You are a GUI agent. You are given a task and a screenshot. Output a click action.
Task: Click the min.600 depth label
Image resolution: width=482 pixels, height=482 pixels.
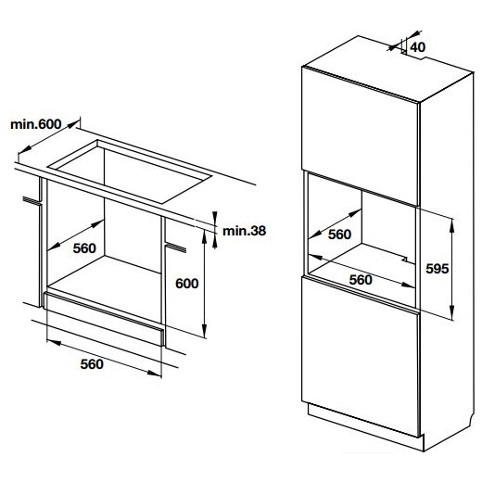pyautogui.click(x=36, y=124)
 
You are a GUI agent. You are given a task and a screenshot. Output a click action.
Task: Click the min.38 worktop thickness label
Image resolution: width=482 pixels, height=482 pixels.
pyautogui.click(x=244, y=231)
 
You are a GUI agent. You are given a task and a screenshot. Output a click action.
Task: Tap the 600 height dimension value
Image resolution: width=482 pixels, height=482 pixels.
pyautogui.click(x=187, y=284)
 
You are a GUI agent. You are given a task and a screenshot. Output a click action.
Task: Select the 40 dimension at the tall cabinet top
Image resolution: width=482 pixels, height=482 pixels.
pyautogui.click(x=418, y=47)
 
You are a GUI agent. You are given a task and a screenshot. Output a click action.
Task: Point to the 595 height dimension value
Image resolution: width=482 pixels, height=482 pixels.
pyautogui.click(x=438, y=269)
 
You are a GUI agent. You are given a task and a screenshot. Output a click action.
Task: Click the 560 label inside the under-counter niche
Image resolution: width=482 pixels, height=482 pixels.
pyautogui.click(x=84, y=248)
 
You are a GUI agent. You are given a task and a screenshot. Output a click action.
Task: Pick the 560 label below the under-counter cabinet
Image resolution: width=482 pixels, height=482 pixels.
pyautogui.click(x=92, y=364)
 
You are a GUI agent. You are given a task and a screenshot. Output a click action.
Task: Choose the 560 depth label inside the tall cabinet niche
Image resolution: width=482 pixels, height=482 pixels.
pyautogui.click(x=339, y=235)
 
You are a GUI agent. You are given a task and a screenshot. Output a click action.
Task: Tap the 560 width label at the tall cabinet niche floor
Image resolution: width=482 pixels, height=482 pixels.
pyautogui.click(x=361, y=280)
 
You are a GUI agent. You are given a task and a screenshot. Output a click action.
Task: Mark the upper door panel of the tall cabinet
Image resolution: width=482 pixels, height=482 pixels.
pyautogui.click(x=360, y=135)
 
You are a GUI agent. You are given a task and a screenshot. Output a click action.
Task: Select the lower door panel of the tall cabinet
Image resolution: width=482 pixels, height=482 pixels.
pyautogui.click(x=360, y=356)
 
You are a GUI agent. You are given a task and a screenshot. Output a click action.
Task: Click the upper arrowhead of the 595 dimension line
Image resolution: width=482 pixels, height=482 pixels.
pyautogui.click(x=451, y=224)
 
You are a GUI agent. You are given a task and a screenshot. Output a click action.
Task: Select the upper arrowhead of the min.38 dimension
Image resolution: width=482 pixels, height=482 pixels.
pyautogui.click(x=215, y=216)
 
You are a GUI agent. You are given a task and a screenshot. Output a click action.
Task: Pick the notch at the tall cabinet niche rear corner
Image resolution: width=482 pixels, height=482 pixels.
pyautogui.click(x=409, y=260)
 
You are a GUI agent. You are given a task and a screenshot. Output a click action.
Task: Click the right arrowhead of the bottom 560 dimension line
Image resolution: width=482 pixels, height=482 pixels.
pyautogui.click(x=155, y=373)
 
